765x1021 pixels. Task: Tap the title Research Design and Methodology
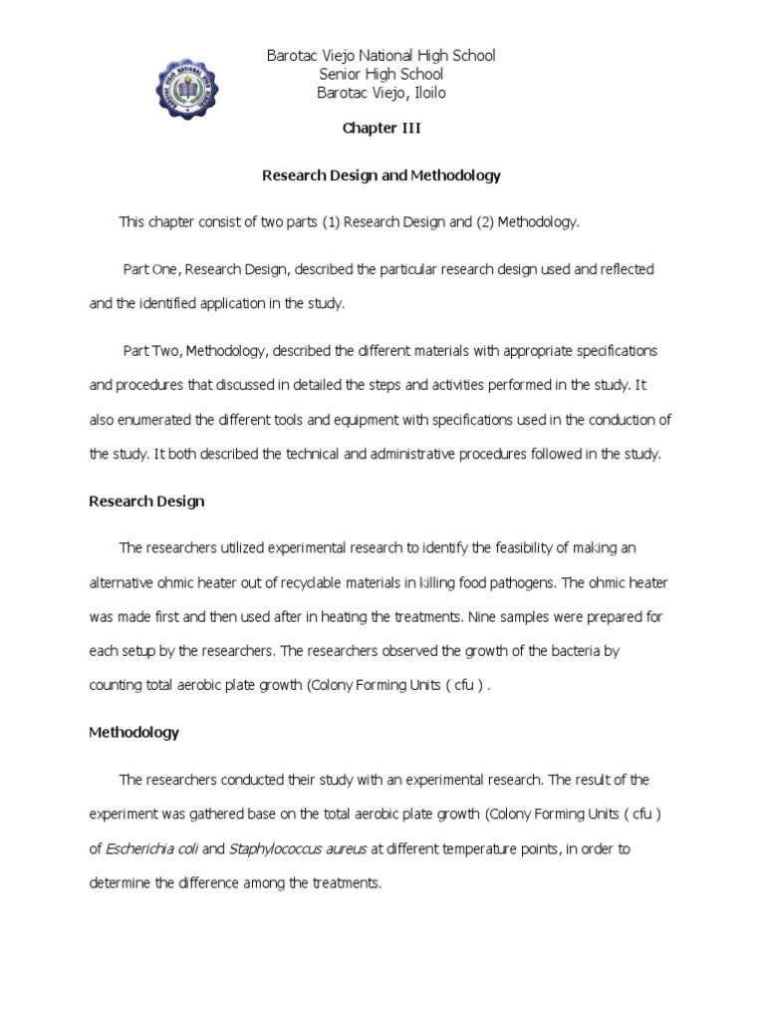click(x=381, y=175)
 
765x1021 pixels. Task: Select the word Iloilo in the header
click(x=423, y=93)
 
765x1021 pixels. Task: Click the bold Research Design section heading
click(x=146, y=502)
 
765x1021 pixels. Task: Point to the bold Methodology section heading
click(x=133, y=733)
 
